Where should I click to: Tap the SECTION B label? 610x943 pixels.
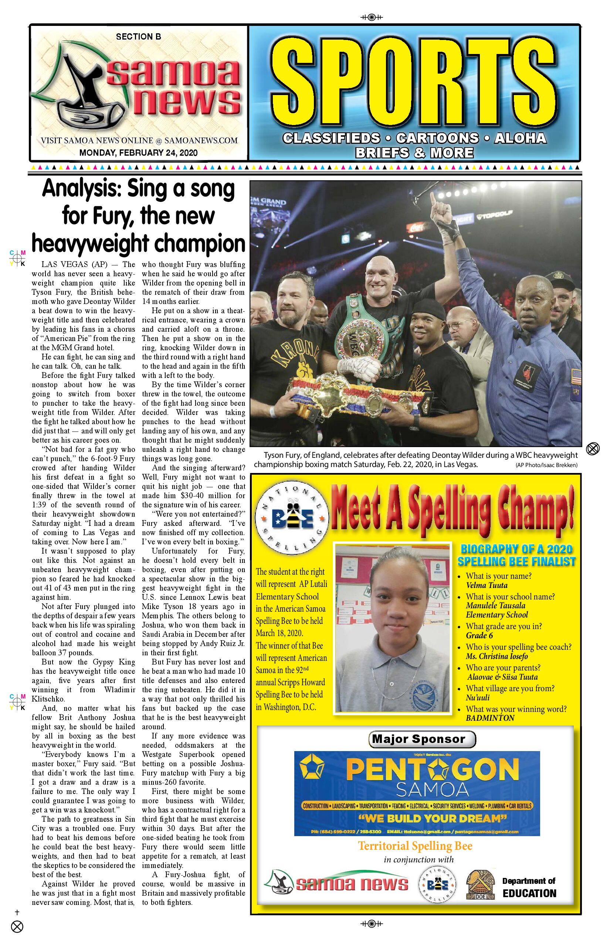click(x=138, y=37)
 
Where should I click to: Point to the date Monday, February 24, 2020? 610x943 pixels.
click(x=138, y=152)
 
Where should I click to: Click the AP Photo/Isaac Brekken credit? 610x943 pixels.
click(x=546, y=465)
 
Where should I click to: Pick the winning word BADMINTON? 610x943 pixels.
click(x=490, y=718)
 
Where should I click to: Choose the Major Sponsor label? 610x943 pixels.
click(x=422, y=739)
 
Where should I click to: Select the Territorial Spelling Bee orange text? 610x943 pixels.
click(x=415, y=846)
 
